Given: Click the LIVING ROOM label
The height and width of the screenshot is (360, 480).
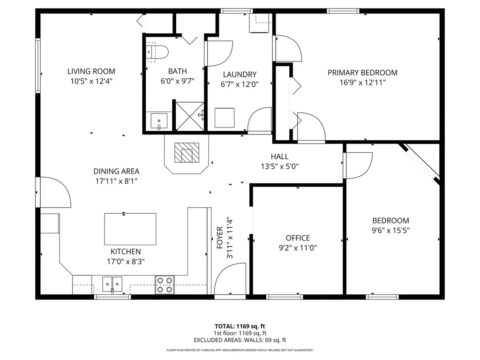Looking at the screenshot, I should pos(91,72).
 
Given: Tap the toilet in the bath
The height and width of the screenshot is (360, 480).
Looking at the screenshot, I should pos(157,52).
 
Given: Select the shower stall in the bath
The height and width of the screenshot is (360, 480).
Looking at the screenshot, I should pos(190,116).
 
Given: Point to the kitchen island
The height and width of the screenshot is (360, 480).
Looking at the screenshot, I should pos(130,229).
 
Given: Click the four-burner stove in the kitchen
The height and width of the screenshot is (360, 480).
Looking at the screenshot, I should pos(165,285).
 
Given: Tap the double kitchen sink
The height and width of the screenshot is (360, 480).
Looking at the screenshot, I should pos(112,283).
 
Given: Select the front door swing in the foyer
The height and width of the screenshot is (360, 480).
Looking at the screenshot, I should pos(229,282).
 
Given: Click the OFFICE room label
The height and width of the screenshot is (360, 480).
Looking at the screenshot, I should pos(298,238).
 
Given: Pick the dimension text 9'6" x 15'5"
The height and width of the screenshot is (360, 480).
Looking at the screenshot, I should pos(390,230).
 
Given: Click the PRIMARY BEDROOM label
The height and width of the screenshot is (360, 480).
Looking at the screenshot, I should pos(362,73).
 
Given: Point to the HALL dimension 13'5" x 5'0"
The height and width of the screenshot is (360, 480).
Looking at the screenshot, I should pos(280,166).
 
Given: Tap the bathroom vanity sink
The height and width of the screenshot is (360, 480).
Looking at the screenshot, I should pos(159,121).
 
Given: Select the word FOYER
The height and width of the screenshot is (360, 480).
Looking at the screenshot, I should pos(219,238).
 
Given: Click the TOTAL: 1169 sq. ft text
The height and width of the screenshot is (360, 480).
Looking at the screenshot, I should pos(240,326).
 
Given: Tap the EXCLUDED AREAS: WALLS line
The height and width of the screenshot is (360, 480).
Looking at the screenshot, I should pos(240,340).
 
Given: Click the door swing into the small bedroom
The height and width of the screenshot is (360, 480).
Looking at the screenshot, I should pos(359,165).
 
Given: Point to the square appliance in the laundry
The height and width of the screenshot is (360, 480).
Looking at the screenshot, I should pos(224,118).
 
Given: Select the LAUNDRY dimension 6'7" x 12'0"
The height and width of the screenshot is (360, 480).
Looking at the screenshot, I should pos(240,84).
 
